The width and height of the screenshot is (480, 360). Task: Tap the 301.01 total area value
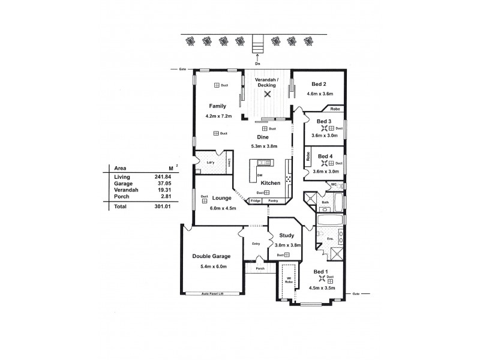157,206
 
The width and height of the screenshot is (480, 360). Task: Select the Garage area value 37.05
158,184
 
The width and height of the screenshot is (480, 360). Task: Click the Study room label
286,236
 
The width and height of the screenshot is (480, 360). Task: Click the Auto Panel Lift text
212,294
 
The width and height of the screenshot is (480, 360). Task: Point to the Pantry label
273,200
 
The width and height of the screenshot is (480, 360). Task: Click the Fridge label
255,200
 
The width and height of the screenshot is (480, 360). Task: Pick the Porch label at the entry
260,268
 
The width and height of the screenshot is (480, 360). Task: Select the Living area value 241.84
157,178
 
